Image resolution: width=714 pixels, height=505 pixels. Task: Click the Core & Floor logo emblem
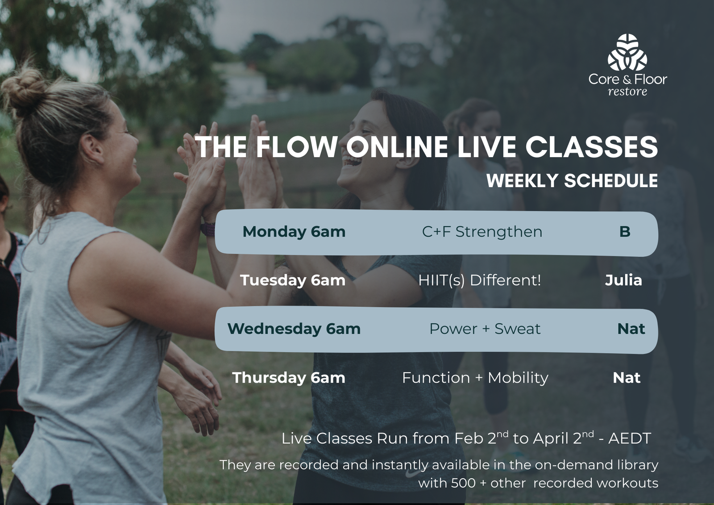pos(627,52)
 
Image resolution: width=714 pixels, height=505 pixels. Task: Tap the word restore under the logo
pos(627,92)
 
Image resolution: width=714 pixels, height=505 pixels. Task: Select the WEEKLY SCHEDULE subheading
pos(572,180)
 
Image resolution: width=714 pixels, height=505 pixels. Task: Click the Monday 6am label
pos(294,232)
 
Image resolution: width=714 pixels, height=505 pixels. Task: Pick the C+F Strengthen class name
pos(482,232)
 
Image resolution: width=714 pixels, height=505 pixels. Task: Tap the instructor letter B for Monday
pos(625,232)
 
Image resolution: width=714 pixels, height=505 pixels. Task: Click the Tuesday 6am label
pos(293,280)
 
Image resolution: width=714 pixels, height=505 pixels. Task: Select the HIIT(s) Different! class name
pos(479,280)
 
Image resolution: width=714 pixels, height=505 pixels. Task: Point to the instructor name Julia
pos(623,280)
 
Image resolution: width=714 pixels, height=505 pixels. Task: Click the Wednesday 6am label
pos(294,329)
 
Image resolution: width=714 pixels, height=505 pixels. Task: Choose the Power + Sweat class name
pos(485,329)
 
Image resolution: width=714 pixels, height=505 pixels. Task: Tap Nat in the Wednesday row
pos(631,329)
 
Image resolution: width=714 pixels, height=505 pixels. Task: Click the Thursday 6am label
pos(289,378)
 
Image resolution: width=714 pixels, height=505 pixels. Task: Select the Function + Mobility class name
pos(475,378)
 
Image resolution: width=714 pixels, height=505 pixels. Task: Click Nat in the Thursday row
pos(627,378)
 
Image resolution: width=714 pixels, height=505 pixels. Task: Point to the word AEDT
pos(630,438)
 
